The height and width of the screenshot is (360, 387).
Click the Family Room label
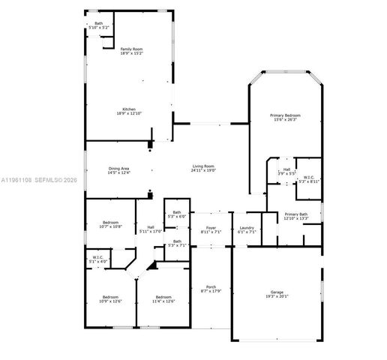click(131, 52)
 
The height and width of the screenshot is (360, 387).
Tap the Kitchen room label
click(129, 110)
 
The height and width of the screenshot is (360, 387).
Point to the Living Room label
click(203, 168)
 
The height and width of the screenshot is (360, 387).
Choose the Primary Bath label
click(296, 217)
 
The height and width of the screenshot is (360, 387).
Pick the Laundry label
click(247, 230)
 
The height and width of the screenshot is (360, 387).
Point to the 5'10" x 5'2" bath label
click(99, 25)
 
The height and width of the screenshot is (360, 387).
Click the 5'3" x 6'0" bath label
click(176, 214)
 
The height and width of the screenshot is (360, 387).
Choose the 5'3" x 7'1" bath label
click(176, 243)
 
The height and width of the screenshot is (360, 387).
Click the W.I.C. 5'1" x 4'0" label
click(98, 259)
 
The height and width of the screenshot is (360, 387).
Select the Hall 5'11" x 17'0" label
click(151, 229)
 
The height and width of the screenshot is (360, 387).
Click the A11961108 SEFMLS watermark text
click(37, 180)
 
